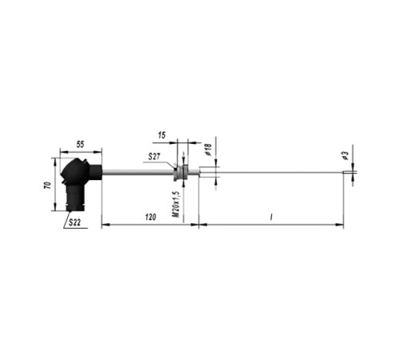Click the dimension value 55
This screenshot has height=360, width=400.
(x=80, y=144)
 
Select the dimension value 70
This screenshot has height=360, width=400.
(x=47, y=186)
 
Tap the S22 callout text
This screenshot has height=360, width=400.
(x=74, y=222)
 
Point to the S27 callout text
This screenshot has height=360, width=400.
(x=154, y=156)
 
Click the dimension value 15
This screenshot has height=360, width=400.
(x=162, y=135)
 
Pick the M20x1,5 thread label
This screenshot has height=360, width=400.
(x=176, y=204)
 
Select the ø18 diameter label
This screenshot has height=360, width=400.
(x=208, y=150)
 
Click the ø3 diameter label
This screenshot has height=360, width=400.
(x=345, y=155)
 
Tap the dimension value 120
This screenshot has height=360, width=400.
(x=150, y=217)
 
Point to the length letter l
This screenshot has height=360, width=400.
(x=271, y=218)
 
